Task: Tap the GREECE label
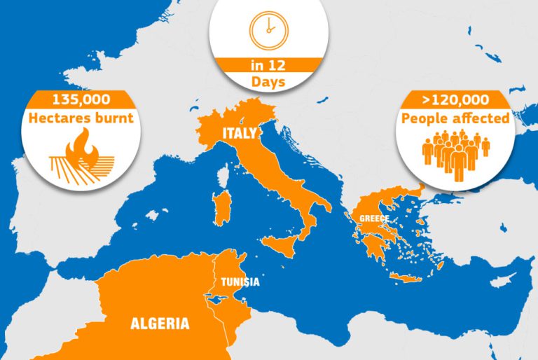tap(374, 219)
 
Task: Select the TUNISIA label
tap(240, 282)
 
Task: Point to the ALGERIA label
tap(160, 324)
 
